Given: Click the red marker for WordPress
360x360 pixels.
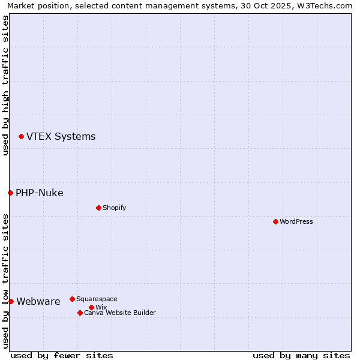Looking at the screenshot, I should [275, 221].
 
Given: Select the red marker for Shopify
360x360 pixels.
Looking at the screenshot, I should [98, 208].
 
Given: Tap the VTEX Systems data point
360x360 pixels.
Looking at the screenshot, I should [21, 137].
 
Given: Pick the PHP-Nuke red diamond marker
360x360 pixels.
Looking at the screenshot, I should [10, 193].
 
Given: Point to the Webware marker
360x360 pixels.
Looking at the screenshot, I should [11, 301].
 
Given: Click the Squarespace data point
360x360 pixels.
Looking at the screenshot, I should [72, 299].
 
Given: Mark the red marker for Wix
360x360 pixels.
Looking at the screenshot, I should [91, 307].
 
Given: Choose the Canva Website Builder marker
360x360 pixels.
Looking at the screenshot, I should [80, 313].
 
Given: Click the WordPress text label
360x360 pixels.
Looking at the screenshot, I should [296, 221].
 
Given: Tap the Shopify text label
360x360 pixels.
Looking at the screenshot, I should [114, 208].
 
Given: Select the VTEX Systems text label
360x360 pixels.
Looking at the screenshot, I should [61, 137].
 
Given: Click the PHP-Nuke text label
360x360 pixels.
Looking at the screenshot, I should [39, 193].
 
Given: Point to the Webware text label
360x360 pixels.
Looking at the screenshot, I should [38, 301].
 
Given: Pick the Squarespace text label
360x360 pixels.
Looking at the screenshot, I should [97, 299].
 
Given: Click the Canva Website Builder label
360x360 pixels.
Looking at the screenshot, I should [119, 313].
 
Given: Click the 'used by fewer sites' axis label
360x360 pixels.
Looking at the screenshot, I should [62, 355].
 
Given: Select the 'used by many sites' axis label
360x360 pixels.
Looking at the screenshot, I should [301, 355].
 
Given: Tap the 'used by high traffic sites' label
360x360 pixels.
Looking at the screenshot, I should [5, 85].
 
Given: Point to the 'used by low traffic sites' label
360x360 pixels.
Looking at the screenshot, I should [5, 281].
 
